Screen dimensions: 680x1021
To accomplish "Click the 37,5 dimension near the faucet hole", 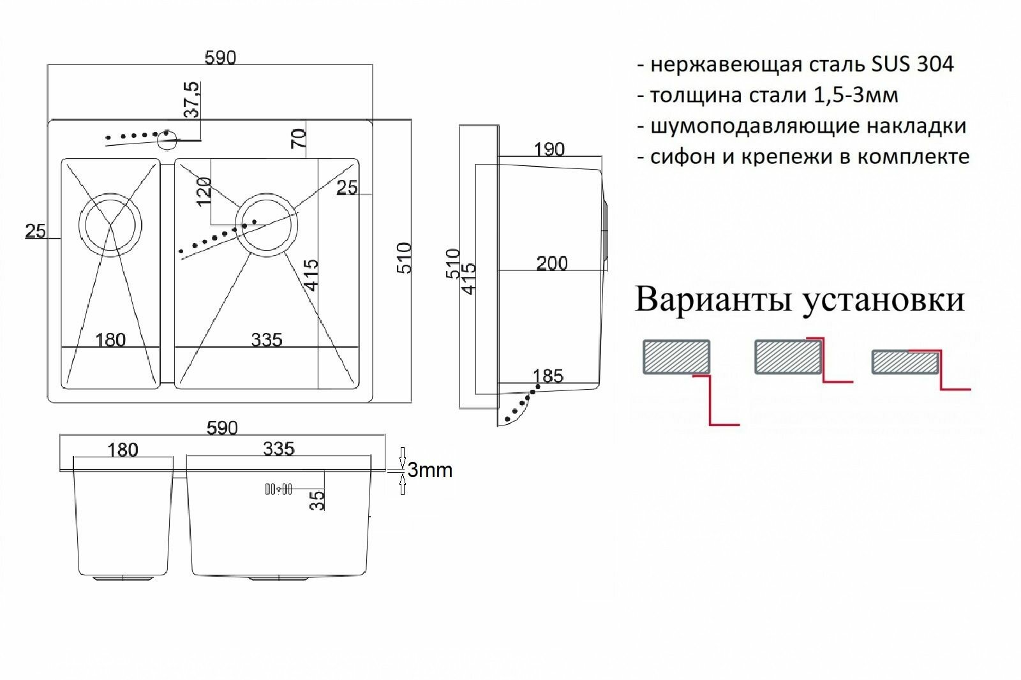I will (191, 100).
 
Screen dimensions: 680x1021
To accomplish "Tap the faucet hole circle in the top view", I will (168, 138).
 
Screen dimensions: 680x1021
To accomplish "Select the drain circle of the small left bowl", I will (110, 223).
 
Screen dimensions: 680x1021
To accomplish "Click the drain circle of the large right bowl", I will (266, 225).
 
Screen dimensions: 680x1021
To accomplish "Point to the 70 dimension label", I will (299, 138).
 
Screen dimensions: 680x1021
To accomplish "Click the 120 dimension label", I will (204, 191).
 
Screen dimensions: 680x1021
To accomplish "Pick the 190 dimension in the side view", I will (549, 149).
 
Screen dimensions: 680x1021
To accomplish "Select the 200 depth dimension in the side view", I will (552, 263).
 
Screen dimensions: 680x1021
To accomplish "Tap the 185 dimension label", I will (548, 376).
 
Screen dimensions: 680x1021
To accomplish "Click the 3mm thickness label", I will (429, 470).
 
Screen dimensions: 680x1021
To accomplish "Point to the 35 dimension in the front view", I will (317, 499).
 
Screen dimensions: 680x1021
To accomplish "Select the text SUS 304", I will (912, 64).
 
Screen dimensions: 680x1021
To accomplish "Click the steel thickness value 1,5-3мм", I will (856, 95).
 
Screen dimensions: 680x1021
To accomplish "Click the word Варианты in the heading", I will (714, 299).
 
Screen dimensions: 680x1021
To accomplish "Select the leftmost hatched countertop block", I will (676, 357).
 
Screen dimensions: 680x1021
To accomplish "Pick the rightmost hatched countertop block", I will (904, 362).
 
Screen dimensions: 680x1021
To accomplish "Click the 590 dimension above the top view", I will (220, 58).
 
